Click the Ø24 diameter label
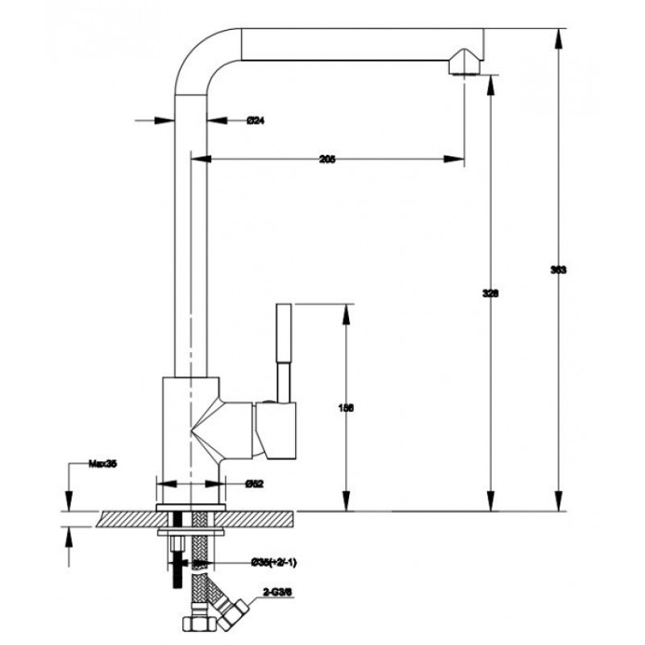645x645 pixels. [256, 121]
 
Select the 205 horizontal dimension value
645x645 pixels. [327, 160]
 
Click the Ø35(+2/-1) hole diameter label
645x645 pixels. [270, 561]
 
